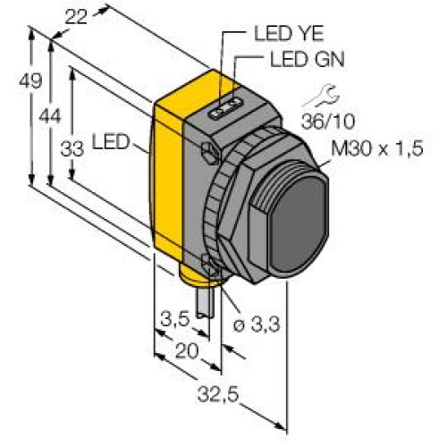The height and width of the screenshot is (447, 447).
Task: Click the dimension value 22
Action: pos(76,17)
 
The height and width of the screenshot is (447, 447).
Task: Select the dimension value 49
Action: pos(30,80)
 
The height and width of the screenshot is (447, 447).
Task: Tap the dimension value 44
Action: pos(50,116)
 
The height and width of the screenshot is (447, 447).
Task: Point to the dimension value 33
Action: pos(72,149)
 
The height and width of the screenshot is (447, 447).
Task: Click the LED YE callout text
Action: pos(289,34)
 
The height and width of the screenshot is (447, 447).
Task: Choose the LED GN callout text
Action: pos(308,59)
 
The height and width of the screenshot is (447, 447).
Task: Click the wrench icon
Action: pos(322,96)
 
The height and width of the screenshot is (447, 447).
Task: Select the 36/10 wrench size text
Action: pos(328,122)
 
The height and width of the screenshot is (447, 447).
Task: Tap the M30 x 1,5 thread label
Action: pos(377,148)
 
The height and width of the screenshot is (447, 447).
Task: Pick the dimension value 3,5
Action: pos(175,319)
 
